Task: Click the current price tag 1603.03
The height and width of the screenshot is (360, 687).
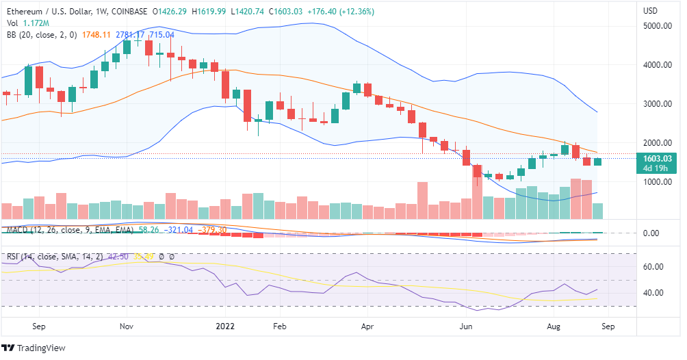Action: (655, 158)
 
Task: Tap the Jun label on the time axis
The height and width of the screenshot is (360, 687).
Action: (467, 326)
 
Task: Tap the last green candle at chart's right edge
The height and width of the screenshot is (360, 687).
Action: (597, 161)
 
